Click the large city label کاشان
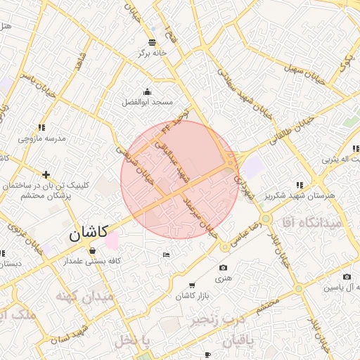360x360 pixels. (x=87, y=233)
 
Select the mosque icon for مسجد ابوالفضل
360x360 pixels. (x=146, y=92)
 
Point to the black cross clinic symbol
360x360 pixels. (x=46, y=174)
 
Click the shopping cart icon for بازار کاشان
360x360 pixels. (x=192, y=285)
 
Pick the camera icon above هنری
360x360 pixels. (x=223, y=268)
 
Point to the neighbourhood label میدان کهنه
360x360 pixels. (x=87, y=297)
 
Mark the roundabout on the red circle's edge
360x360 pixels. (x=230, y=167)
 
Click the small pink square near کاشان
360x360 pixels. (x=111, y=240)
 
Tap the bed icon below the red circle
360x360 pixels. (x=166, y=254)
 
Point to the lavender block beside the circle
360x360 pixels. (x=252, y=167)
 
